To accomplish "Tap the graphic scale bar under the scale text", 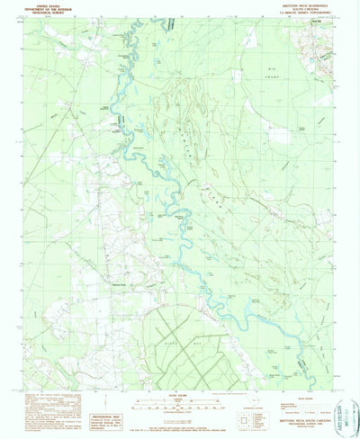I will (181, 405).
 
